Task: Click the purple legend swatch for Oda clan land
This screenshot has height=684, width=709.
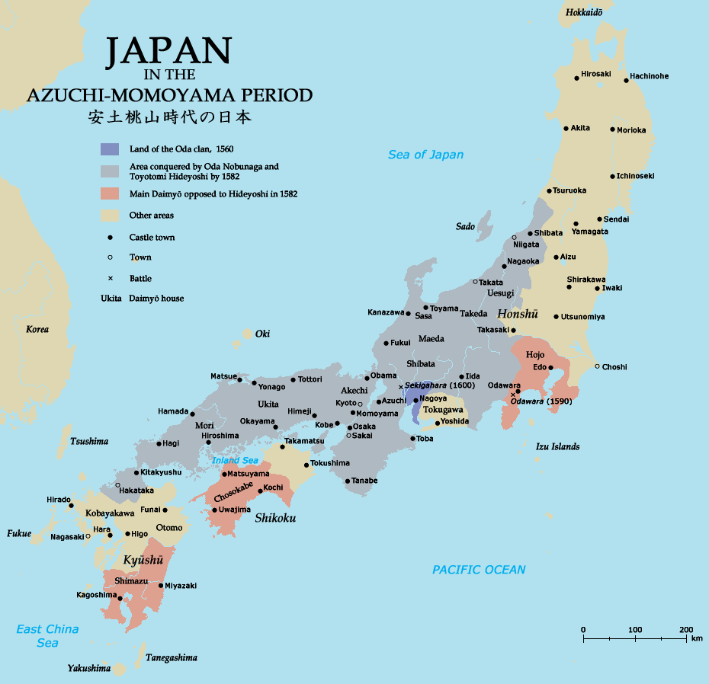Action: click(x=110, y=149)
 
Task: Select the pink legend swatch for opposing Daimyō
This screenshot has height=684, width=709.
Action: click(x=110, y=193)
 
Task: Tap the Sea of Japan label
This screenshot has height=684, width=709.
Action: click(x=425, y=155)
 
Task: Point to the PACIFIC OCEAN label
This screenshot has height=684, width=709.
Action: click(x=479, y=570)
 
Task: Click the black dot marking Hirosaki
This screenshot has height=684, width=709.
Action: click(x=577, y=78)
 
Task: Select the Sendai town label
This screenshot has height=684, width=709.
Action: click(x=616, y=219)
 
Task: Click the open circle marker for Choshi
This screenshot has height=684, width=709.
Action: click(x=597, y=366)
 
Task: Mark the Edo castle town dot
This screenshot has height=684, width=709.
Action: click(x=550, y=367)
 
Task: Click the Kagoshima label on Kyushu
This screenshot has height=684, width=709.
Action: click(x=97, y=595)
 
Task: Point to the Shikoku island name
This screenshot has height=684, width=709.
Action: click(x=275, y=518)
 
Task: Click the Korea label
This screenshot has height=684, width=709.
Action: click(x=37, y=329)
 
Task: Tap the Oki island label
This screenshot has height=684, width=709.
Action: click(x=262, y=334)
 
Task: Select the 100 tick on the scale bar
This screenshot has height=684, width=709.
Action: click(x=634, y=629)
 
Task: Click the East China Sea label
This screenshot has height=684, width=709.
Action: click(x=47, y=636)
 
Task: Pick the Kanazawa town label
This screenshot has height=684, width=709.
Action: click(x=386, y=312)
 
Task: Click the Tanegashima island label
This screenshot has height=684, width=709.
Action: click(x=172, y=657)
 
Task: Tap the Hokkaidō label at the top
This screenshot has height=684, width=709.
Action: click(x=584, y=12)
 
